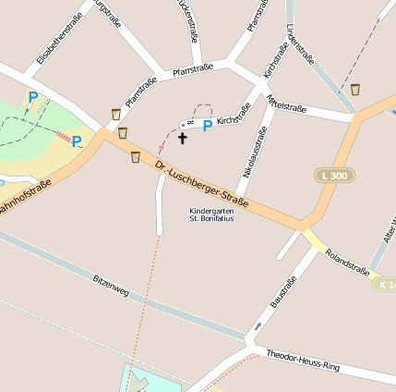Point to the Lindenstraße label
(301, 43)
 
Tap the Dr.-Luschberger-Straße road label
(203, 186)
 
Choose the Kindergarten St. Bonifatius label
(211, 214)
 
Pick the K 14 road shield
(387, 284)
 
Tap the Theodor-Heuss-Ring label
(303, 361)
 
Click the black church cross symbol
(182, 140)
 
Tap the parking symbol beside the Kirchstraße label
(208, 125)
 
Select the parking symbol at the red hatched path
(77, 141)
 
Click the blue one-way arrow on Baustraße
(258, 325)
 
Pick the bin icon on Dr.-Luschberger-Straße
(137, 156)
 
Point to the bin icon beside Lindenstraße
(355, 90)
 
